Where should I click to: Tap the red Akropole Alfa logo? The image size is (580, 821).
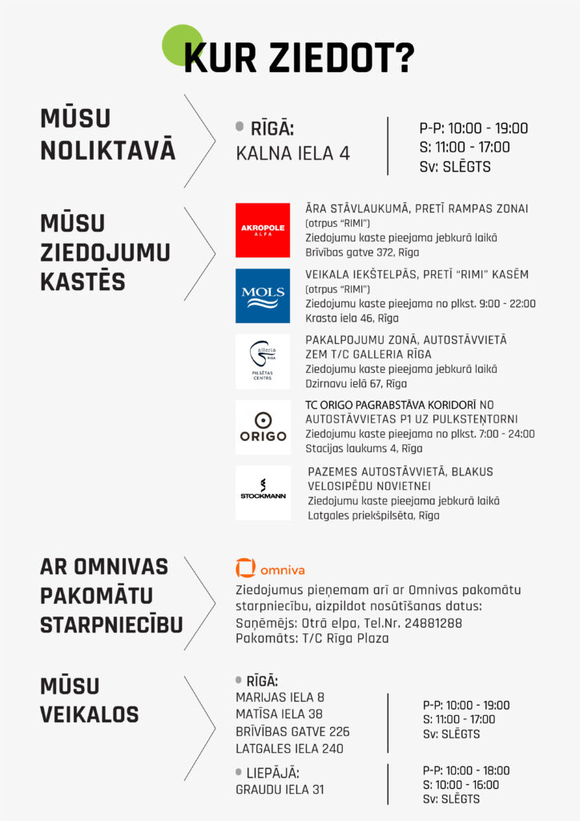click(263, 230)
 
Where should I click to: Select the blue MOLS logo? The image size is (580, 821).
click(263, 295)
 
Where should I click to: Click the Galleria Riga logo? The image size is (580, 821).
click(263, 361)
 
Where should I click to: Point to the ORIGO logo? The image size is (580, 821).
click(263, 427)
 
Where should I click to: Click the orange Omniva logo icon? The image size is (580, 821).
click(245, 568)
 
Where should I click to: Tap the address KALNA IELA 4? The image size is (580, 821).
click(292, 154)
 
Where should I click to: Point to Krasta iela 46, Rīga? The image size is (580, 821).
click(352, 318)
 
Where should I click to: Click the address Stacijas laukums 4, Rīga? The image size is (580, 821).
click(364, 449)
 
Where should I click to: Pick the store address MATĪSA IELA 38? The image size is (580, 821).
click(280, 714)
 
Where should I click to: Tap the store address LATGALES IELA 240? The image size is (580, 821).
click(289, 749)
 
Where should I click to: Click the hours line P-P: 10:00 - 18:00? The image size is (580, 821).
click(466, 770)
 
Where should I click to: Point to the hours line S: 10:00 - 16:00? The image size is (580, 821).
click(461, 785)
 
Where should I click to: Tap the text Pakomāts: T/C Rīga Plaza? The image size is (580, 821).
click(312, 639)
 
